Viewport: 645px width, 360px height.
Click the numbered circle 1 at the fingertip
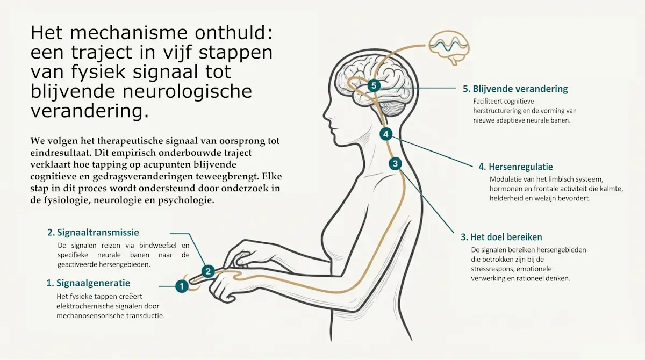[x=182, y=286]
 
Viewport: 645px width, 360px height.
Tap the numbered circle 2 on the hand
[x=208, y=271]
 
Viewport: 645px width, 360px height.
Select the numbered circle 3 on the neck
[x=395, y=164]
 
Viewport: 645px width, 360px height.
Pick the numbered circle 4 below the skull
[x=386, y=134]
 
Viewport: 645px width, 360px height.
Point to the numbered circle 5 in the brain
[x=374, y=85]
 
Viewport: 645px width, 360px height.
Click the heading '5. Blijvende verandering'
[x=515, y=89]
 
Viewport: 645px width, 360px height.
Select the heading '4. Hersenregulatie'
[x=515, y=167]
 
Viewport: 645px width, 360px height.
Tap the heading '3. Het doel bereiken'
[x=501, y=237]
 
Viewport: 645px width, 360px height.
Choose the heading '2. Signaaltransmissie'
[x=94, y=233]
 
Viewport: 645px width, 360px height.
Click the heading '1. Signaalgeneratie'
[x=88, y=283]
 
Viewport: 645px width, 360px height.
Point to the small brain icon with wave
[x=449, y=47]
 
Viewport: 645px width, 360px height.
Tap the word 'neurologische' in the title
[x=188, y=92]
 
